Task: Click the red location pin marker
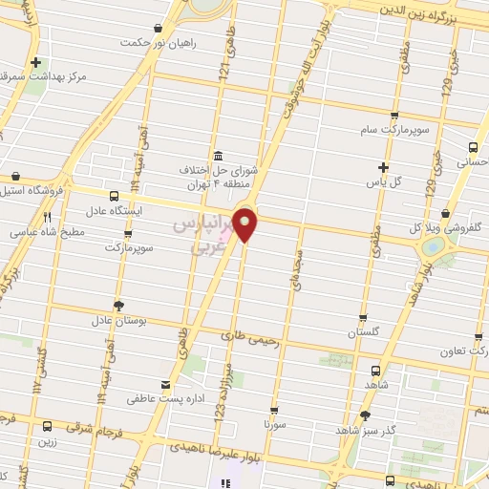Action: coord(245,224)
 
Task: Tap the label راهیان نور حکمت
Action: coord(159,43)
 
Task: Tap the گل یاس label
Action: coord(385,180)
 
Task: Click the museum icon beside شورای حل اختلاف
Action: coord(220,155)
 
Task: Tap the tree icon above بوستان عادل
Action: coord(119,306)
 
